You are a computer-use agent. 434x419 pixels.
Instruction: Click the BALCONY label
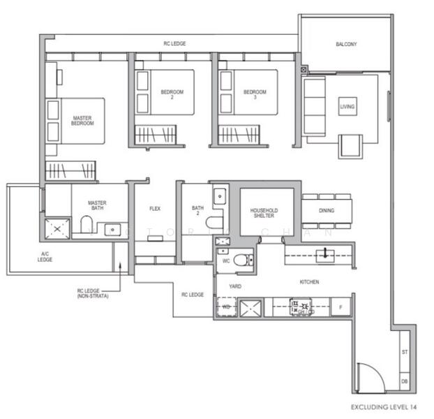(x=345, y=45)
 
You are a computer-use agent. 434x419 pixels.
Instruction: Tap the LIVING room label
(x=347, y=107)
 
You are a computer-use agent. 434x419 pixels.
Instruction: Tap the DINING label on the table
(x=326, y=210)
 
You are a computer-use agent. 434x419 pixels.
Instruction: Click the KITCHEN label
(x=309, y=281)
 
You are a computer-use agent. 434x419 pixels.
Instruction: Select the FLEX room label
(x=156, y=208)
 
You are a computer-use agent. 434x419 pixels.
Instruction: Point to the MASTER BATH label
(x=97, y=206)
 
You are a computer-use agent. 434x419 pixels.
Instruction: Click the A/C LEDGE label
(x=45, y=256)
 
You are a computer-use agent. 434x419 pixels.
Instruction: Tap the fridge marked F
(x=341, y=307)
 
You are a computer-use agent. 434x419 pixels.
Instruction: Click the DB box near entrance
(x=404, y=381)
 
